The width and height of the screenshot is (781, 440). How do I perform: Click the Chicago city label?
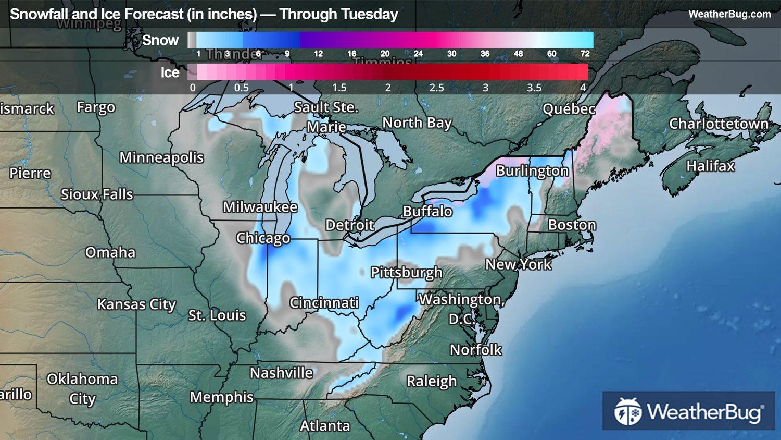pos(263,238)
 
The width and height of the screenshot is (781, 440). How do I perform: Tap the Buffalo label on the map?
pos(427,211)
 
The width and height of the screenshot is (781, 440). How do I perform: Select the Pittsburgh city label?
pos(406,272)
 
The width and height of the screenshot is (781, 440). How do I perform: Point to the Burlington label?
pos(532,171)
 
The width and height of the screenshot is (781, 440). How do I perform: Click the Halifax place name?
pos(710,166)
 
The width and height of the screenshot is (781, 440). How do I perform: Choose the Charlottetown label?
pos(719,124)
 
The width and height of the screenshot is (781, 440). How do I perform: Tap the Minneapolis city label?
pos(161,157)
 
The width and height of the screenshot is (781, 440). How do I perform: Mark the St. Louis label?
pos(217,315)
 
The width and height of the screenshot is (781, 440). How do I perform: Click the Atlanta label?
pos(325,426)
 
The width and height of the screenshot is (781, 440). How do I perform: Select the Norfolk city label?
pos(476,350)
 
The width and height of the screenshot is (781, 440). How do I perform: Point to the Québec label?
pos(569,109)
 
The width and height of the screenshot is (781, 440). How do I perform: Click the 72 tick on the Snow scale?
pos(585,54)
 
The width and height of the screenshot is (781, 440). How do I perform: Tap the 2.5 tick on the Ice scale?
pos(436,88)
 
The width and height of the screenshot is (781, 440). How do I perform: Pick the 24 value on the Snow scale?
pos(418,54)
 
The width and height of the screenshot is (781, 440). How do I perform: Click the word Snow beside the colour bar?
pos(160,40)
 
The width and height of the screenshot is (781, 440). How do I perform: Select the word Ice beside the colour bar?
pos(170,72)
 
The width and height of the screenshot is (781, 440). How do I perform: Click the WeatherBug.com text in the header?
pos(729,14)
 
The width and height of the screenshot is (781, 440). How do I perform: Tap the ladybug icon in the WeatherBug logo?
pos(627,411)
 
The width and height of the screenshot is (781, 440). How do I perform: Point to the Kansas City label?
pos(136,304)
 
